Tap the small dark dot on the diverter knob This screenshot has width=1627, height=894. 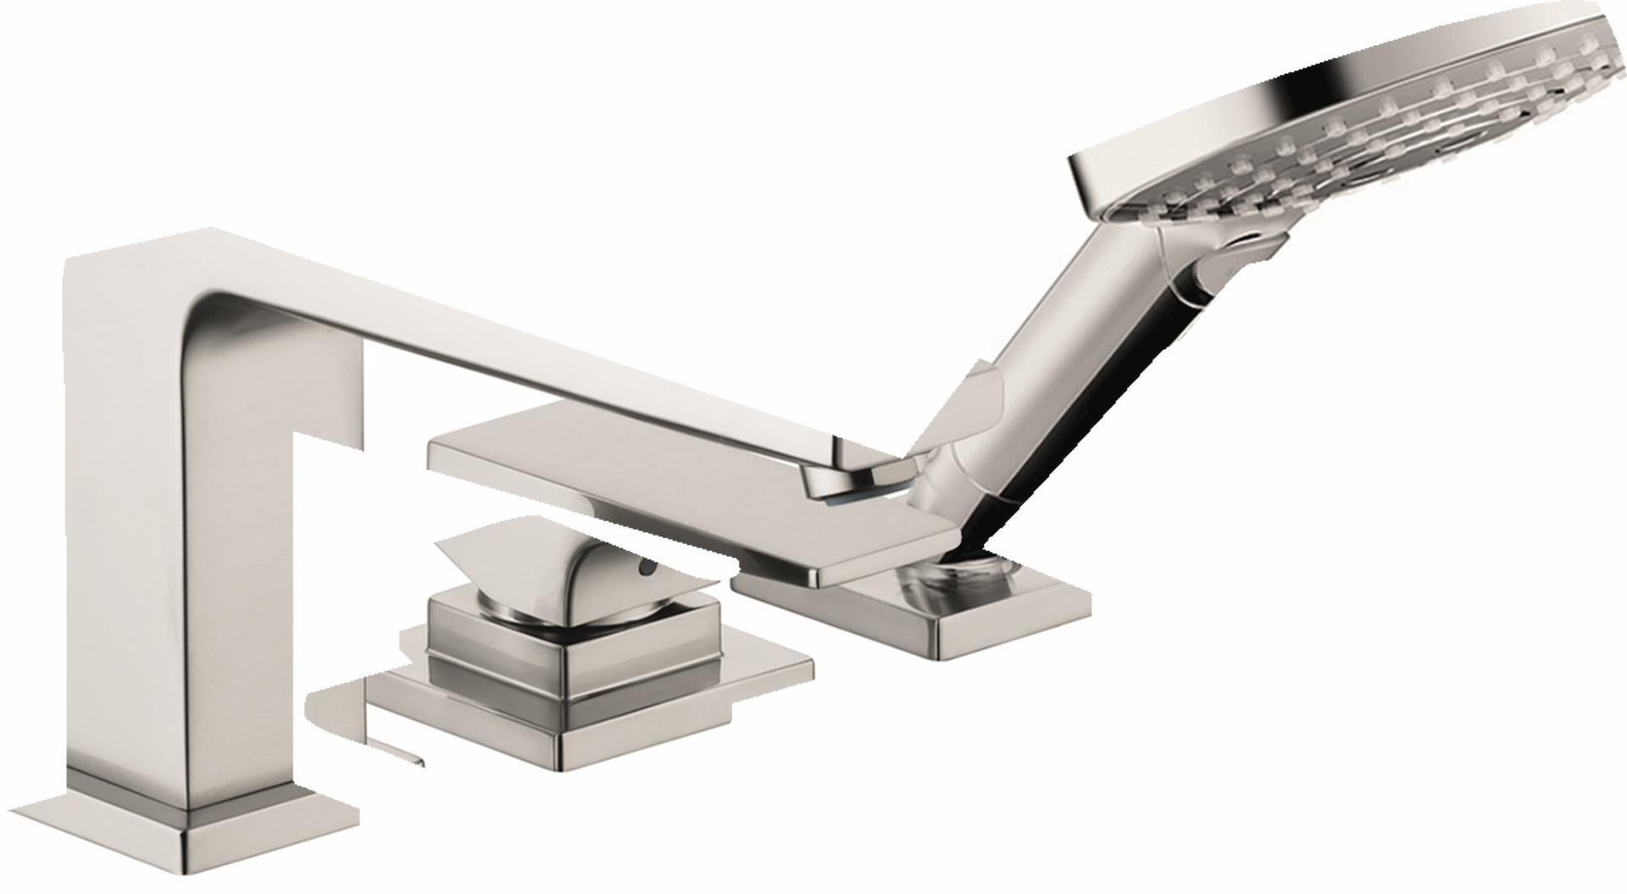click(648, 571)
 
